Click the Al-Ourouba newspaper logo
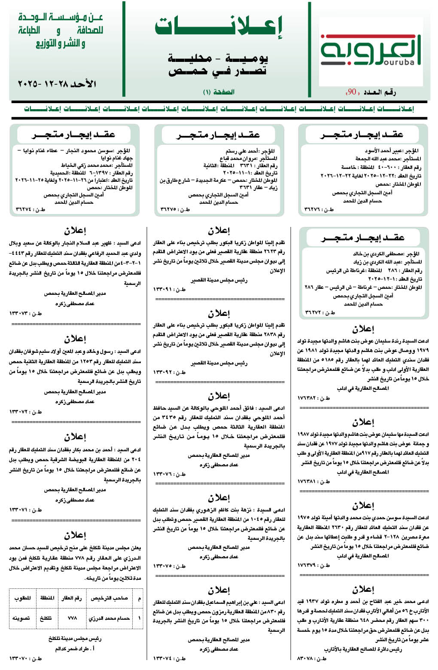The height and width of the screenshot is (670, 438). click(x=371, y=52)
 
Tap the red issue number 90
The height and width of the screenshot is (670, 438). click(x=352, y=92)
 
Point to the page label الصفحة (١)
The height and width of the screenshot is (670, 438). click(x=219, y=92)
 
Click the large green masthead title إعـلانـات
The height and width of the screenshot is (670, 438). click(x=219, y=27)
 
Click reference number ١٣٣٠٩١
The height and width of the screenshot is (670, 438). click(x=170, y=289)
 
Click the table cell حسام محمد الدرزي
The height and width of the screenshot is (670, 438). click(x=109, y=618)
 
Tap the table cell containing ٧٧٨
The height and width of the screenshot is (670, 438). click(x=72, y=618)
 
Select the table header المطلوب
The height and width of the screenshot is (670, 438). click(x=22, y=598)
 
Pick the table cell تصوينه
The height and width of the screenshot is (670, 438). click(x=21, y=618)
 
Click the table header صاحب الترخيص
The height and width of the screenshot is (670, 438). click(x=109, y=598)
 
